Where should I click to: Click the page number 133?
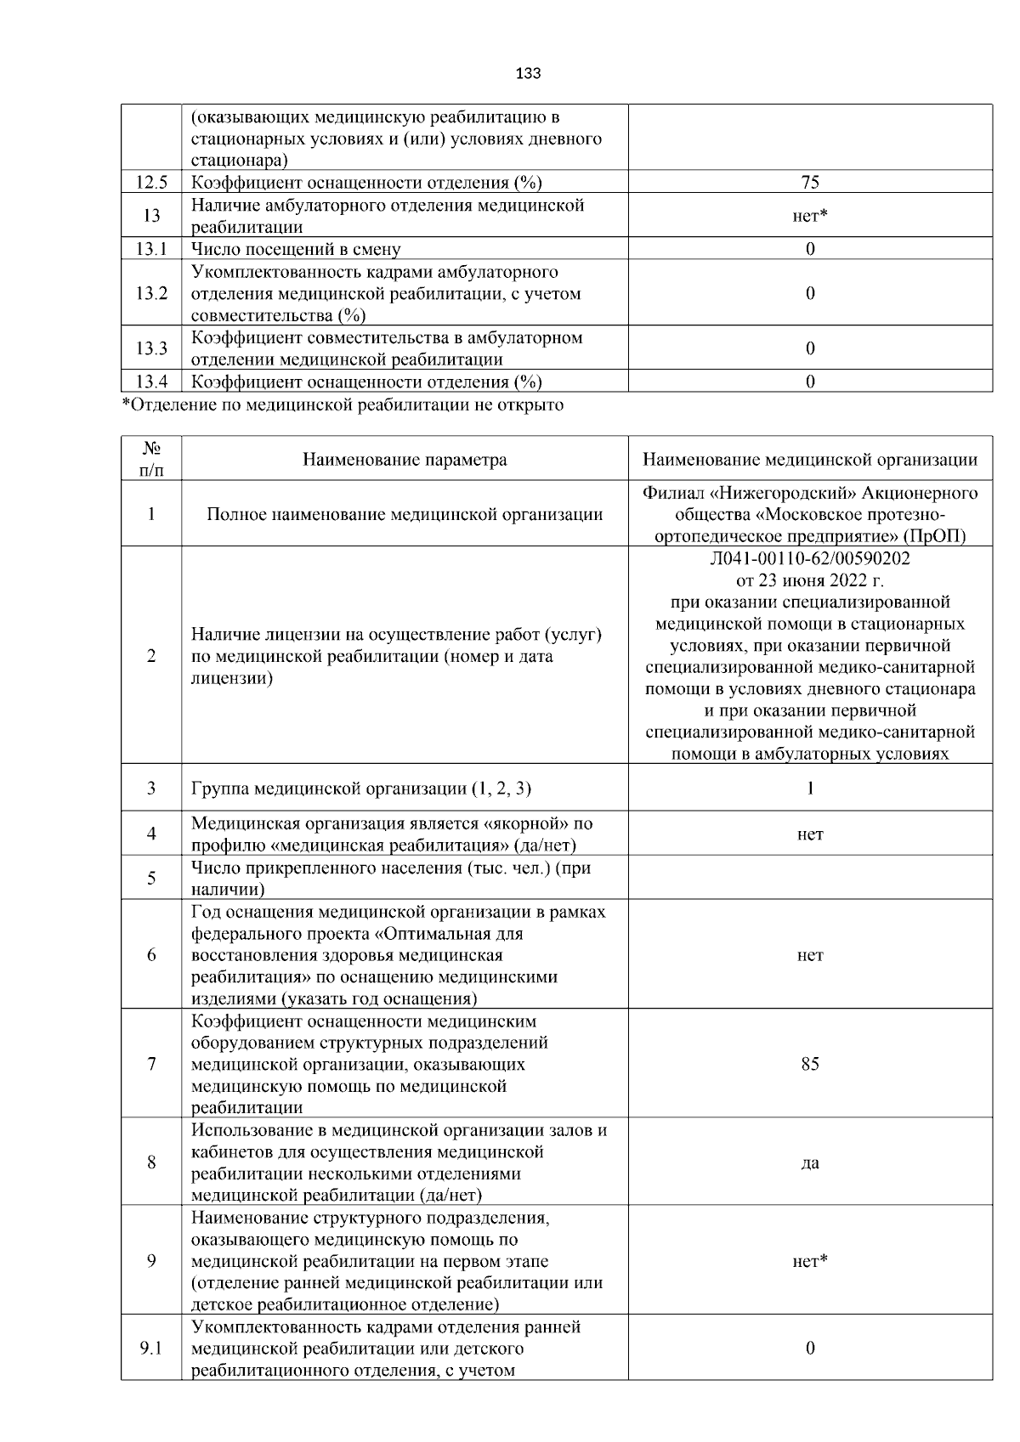click(x=528, y=73)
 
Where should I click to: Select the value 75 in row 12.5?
click(x=809, y=182)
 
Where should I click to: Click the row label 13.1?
click(x=151, y=249)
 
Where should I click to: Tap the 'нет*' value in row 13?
click(x=809, y=216)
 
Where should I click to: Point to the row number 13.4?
click(x=151, y=382)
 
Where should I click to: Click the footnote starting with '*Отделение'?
click(x=343, y=404)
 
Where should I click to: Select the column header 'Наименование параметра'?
click(x=405, y=460)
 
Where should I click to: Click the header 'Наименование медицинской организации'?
click(x=809, y=460)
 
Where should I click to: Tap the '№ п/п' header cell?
click(x=151, y=459)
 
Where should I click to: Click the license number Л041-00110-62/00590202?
click(x=809, y=559)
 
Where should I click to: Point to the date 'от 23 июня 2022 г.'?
click(x=809, y=581)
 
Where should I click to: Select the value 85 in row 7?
click(x=809, y=1064)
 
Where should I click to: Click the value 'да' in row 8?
click(x=809, y=1162)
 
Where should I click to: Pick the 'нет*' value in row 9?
click(x=809, y=1261)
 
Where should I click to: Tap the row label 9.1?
click(x=151, y=1349)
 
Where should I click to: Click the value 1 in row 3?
click(x=809, y=789)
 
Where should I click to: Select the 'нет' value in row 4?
click(x=809, y=834)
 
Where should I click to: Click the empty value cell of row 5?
click(x=809, y=878)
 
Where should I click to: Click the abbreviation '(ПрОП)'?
click(x=935, y=536)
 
